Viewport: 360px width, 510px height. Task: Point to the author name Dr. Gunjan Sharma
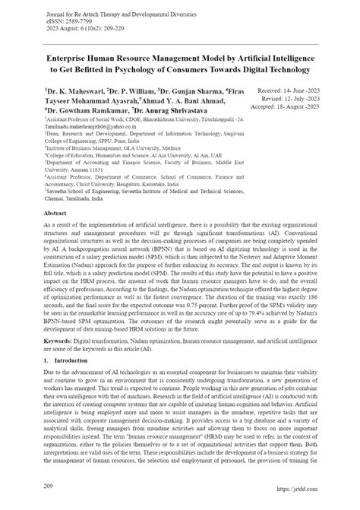(x=201, y=90)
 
